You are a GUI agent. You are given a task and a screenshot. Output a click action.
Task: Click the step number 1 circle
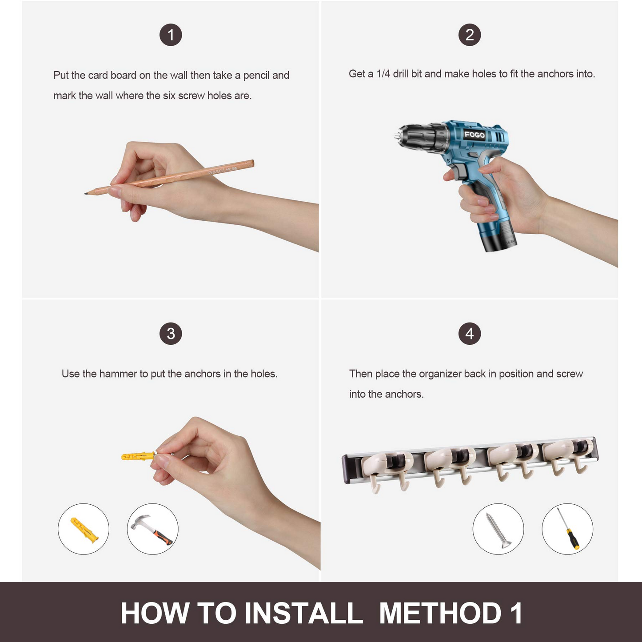pos(171,35)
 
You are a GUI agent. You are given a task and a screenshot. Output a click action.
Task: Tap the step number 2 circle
pos(470,35)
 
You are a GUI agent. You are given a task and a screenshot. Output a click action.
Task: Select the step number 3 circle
pos(171,334)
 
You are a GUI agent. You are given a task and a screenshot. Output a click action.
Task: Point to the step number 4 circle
pos(470,334)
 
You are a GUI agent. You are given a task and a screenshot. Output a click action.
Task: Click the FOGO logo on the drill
pos(475,135)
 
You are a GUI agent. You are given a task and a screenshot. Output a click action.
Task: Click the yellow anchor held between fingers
pos(138,455)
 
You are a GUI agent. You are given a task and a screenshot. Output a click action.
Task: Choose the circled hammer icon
pos(152,529)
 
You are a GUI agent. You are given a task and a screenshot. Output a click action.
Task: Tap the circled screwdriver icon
pos(567,529)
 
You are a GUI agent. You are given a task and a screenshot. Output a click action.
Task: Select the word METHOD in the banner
pos(440,613)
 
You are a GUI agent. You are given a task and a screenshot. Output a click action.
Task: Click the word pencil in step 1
pos(256,76)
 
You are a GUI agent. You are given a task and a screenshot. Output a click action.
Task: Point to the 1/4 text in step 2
pos(383,74)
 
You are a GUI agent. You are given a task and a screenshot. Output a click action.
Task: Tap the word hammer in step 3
pos(118,374)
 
